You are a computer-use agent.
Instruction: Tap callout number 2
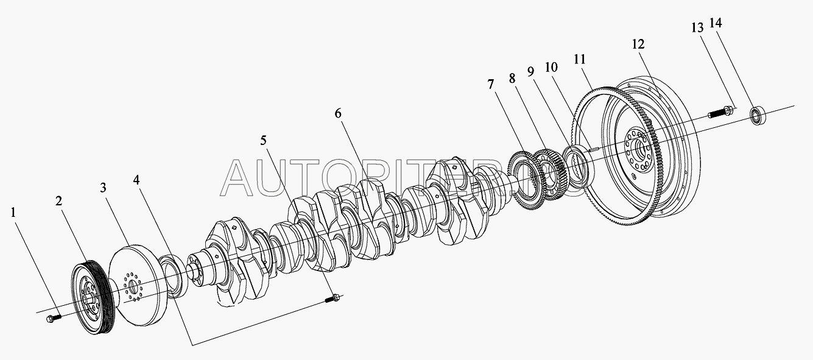[59, 202]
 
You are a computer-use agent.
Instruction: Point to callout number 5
[263, 141]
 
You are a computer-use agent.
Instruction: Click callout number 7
[491, 85]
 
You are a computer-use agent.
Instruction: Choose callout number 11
[579, 60]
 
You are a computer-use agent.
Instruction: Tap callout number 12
[638, 44]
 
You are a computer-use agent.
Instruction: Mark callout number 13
[697, 27]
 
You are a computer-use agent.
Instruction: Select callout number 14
[716, 24]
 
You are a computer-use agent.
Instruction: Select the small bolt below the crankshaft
[333, 298]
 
